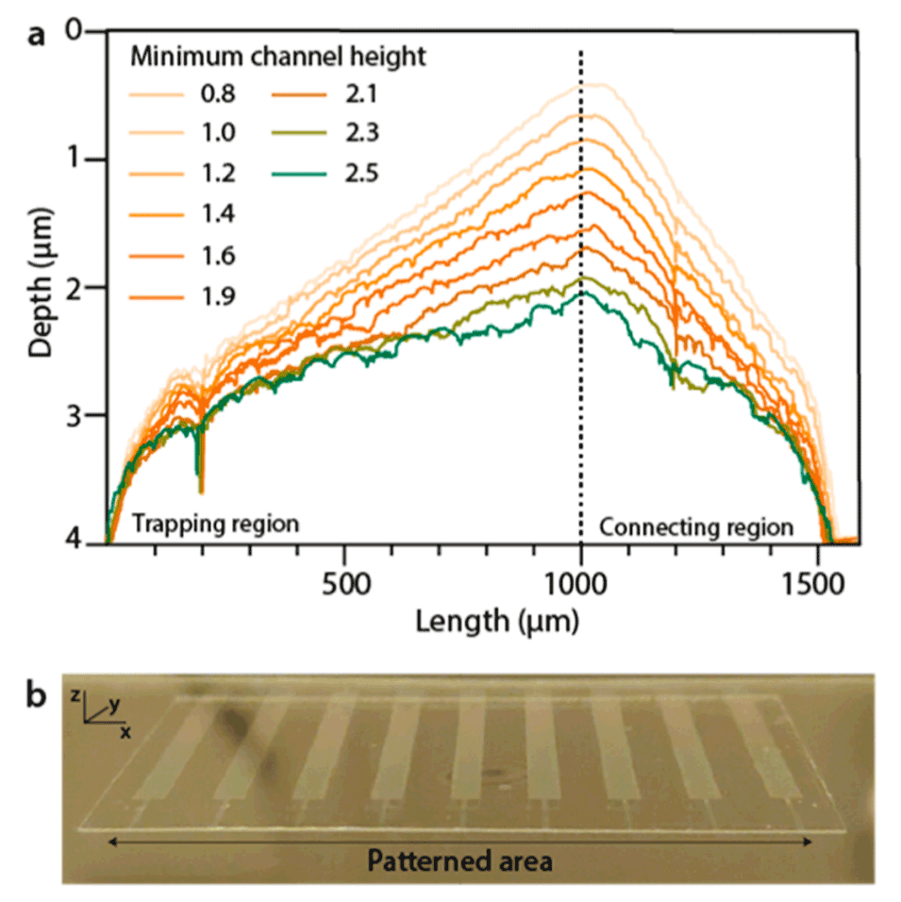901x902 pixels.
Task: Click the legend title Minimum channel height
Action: pos(277,56)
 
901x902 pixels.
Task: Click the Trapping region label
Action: pos(214,523)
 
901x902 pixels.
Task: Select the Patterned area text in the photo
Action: pos(459,860)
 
